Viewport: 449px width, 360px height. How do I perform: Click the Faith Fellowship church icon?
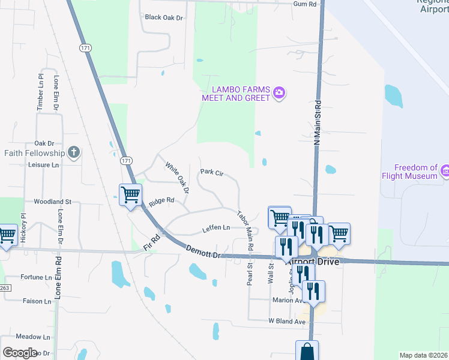tap(74, 152)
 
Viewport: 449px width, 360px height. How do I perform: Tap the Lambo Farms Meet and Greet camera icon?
tap(279, 92)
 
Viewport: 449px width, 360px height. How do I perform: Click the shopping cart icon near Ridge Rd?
tap(130, 194)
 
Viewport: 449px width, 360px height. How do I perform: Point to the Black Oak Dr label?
tap(163, 17)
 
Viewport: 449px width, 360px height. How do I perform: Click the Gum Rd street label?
tap(304, 4)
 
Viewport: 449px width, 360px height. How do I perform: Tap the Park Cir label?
tap(211, 172)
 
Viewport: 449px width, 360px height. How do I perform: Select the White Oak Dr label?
tap(178, 178)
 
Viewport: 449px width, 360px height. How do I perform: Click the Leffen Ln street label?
tap(216, 228)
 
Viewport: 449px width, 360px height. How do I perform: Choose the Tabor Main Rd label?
tap(245, 230)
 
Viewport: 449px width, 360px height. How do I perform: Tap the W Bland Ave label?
tap(287, 322)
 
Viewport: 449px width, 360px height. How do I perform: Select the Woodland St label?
tap(52, 202)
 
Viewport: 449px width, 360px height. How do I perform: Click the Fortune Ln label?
tap(36, 277)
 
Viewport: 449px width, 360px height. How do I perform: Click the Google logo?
tap(20, 352)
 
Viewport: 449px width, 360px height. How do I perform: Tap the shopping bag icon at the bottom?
tap(307, 350)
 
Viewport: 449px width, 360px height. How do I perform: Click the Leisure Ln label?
tap(44, 164)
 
